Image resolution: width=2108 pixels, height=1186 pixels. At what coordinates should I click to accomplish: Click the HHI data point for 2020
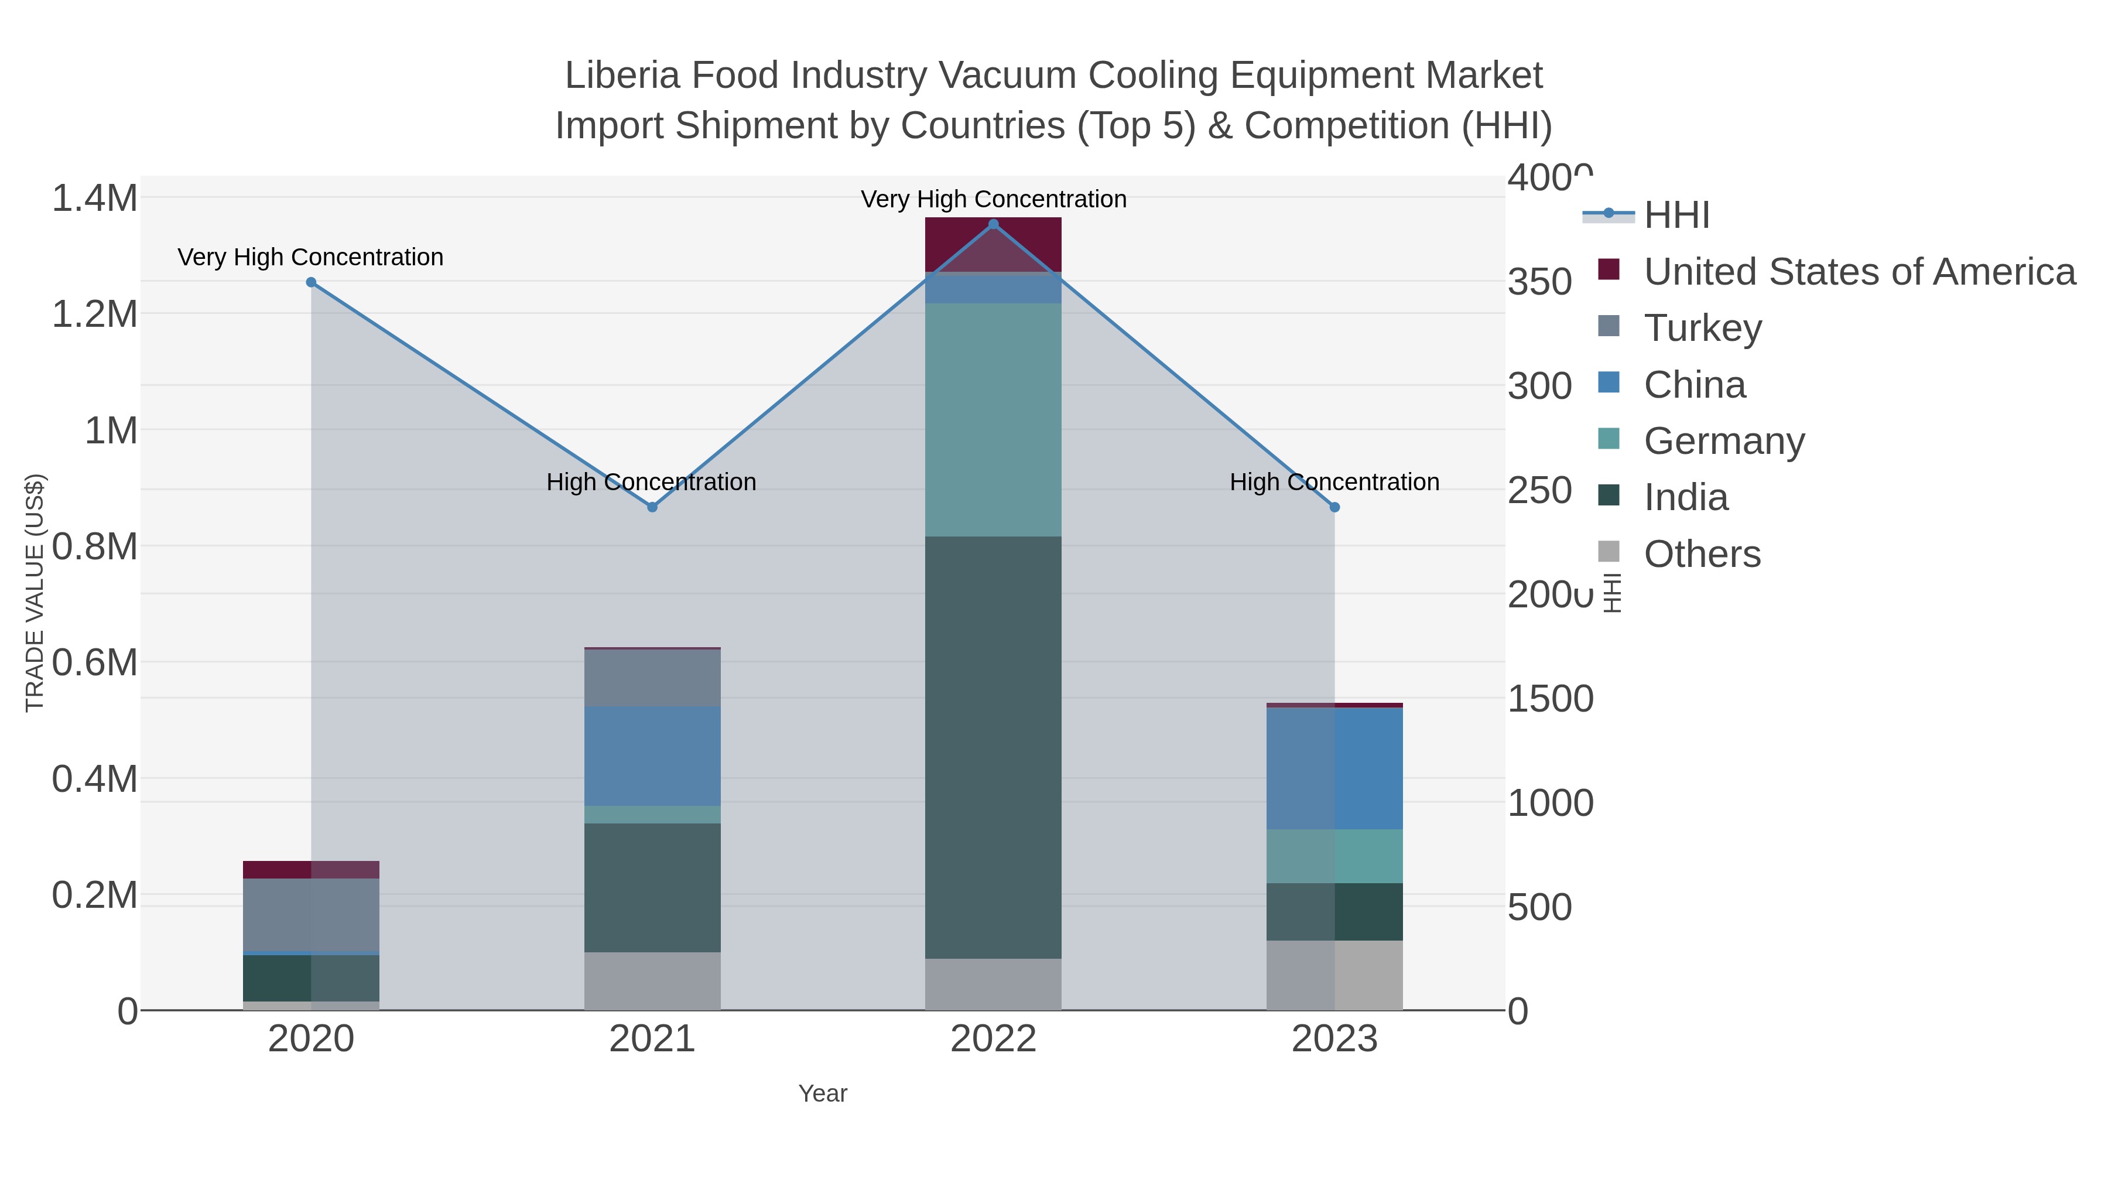[x=311, y=282]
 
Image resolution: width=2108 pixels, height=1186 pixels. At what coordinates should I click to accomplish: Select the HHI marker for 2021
[x=652, y=507]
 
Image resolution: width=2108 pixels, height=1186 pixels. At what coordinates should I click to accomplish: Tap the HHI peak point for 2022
[x=994, y=224]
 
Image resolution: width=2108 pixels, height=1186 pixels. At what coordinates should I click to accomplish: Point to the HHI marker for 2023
[x=1334, y=507]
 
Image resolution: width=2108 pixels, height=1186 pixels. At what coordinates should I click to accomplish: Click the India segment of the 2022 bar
[x=994, y=747]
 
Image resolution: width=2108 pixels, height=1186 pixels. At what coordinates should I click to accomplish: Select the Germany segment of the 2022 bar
[x=994, y=419]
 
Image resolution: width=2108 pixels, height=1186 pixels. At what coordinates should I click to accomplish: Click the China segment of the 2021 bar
[x=652, y=756]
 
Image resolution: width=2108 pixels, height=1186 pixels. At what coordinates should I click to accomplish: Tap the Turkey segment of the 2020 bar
[x=311, y=915]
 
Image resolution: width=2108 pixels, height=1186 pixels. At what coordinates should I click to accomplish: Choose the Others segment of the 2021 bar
[x=652, y=980]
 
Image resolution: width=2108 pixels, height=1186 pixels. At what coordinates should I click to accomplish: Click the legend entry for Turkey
[x=1702, y=328]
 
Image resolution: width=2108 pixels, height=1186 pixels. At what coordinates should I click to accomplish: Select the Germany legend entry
[x=1723, y=441]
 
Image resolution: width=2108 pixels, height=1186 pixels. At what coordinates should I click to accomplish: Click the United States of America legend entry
[x=1859, y=272]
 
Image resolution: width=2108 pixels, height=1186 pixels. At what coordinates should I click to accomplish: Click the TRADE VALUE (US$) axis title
[x=35, y=593]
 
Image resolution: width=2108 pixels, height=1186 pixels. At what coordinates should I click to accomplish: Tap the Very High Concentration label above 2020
[x=310, y=257]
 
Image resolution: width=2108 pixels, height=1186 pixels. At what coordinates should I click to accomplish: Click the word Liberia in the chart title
[x=623, y=76]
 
